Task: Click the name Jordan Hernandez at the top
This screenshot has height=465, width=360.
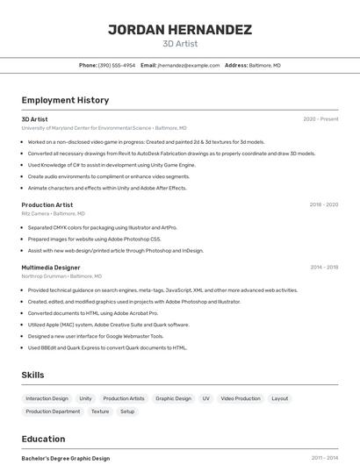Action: [x=180, y=30]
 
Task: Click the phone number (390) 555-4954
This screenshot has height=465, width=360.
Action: [x=117, y=65]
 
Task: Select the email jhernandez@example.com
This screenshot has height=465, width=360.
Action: [x=188, y=65]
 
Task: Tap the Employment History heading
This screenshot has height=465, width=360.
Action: [x=65, y=100]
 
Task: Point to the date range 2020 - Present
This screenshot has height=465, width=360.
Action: [x=320, y=119]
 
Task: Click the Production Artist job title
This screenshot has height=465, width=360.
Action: [x=47, y=204]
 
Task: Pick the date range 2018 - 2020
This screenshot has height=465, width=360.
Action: [x=323, y=204]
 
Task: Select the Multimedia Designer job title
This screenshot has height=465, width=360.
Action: [x=51, y=268]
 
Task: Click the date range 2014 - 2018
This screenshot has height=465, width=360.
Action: [x=323, y=268]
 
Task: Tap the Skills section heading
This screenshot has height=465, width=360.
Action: [x=32, y=375]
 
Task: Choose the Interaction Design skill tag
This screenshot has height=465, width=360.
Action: [x=47, y=398]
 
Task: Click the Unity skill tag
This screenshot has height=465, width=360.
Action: [x=85, y=398]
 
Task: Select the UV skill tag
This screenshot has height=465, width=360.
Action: [x=206, y=398]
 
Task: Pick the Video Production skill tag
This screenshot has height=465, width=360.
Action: [x=241, y=398]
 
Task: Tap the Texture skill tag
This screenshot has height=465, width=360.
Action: [x=100, y=411]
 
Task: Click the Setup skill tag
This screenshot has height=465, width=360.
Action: [x=127, y=411]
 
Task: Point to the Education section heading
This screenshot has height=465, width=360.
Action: [x=43, y=439]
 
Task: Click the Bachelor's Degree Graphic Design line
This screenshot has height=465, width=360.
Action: [x=66, y=458]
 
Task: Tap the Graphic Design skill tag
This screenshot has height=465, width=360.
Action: [x=173, y=398]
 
